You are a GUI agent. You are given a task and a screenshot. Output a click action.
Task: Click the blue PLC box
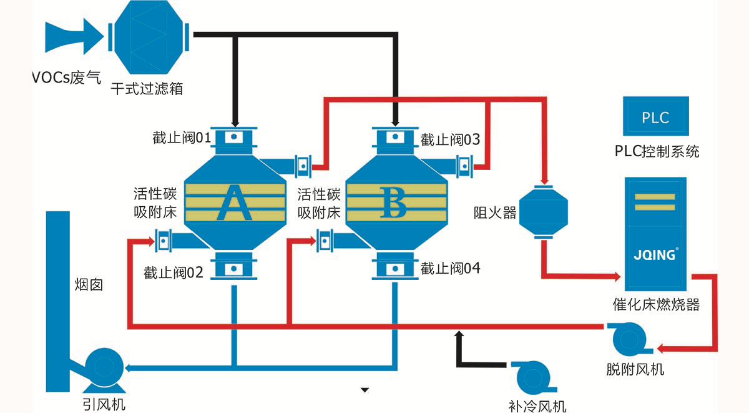point(656,116)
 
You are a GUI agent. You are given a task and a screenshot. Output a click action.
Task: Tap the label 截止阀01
point(182,137)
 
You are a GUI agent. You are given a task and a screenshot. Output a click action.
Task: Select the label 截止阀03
point(450,139)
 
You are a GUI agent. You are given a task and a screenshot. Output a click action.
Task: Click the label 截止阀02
point(174,273)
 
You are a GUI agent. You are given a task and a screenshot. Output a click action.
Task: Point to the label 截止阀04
point(450,269)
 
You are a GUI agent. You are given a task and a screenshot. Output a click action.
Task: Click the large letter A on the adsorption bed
point(235,203)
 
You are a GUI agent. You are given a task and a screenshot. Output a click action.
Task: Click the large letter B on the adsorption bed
point(393,202)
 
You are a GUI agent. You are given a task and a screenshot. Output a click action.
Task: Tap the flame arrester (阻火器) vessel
point(544,212)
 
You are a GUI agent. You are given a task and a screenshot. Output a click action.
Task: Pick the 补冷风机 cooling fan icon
point(533,378)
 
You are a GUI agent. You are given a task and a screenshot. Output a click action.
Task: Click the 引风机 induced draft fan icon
point(104,367)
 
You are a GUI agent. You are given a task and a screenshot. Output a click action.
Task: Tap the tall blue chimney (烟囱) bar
point(58,301)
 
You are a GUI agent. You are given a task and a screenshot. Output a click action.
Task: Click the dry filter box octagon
point(149,37)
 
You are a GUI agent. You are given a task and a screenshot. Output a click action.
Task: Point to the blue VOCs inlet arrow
point(74,36)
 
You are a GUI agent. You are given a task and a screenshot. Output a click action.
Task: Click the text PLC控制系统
point(657,151)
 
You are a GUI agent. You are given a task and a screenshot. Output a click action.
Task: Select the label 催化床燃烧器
point(656,304)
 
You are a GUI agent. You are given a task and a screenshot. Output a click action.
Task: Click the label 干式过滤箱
point(147,89)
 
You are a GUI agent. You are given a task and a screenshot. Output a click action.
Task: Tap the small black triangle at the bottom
point(365,390)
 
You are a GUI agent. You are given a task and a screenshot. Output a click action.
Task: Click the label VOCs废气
point(67,77)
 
